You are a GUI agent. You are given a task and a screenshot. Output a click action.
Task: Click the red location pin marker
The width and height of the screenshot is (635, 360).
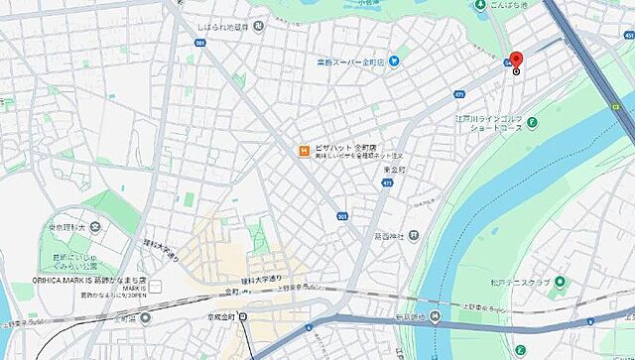(516, 60)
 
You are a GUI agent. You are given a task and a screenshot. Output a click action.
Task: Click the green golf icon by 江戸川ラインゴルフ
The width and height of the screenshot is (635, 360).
(533, 123)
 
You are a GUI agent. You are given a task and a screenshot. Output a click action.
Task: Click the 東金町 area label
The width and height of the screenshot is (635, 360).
(394, 170)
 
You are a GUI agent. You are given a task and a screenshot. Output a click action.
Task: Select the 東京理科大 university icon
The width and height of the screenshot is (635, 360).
(95, 226)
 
